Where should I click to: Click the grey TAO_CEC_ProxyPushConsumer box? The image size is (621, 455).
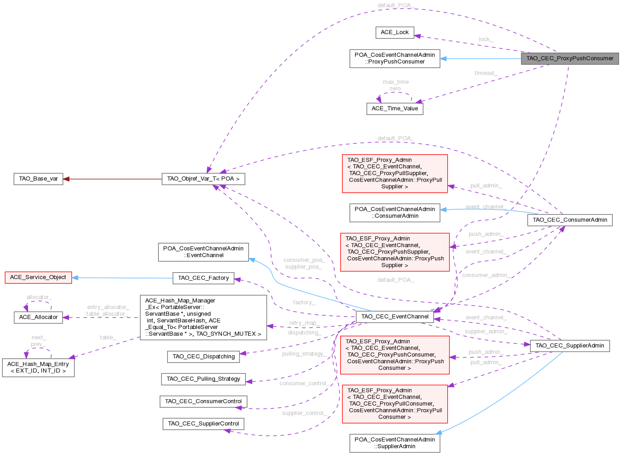[x=570, y=59]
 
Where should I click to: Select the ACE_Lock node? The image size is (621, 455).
[x=395, y=33]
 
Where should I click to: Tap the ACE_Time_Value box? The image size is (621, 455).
[x=395, y=109]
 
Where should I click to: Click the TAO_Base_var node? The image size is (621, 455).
[x=38, y=179]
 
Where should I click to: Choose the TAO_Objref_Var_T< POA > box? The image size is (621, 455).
[x=203, y=179]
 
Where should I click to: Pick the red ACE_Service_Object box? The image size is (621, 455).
[x=38, y=278]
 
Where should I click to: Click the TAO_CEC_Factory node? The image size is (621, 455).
[x=203, y=278]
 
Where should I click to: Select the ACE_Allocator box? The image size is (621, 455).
[x=38, y=318]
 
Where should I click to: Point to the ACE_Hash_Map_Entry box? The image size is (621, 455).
[x=38, y=367]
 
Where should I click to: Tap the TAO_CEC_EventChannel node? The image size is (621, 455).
[x=395, y=317]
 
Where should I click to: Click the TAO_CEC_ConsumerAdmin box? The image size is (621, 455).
[x=570, y=220]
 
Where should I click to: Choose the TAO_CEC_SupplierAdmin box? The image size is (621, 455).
[x=570, y=346]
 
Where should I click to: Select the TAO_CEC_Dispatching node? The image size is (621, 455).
[x=203, y=357]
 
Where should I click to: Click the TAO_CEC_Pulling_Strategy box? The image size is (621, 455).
[x=203, y=379]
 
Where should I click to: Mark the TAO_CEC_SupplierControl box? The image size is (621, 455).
[x=203, y=424]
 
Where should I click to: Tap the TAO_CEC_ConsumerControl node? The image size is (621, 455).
[x=203, y=402]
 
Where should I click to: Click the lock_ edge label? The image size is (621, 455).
[x=486, y=39]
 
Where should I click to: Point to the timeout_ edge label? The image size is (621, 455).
[x=486, y=73]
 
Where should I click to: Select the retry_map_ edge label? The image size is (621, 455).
[x=304, y=323]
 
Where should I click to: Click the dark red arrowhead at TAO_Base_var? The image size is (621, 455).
[x=66, y=179]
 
